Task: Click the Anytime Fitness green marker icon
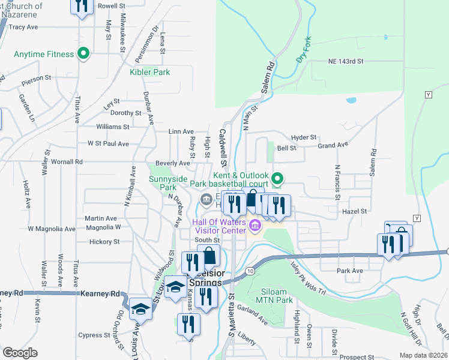(x=84, y=54)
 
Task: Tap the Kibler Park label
(x=149, y=73)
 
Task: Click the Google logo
(x=20, y=353)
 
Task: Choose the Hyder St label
(x=303, y=137)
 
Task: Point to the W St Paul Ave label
(x=108, y=144)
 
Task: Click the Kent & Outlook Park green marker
(x=277, y=178)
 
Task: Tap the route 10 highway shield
(x=249, y=271)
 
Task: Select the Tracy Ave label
(x=24, y=27)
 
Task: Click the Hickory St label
(x=104, y=242)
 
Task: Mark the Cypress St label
(x=94, y=335)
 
